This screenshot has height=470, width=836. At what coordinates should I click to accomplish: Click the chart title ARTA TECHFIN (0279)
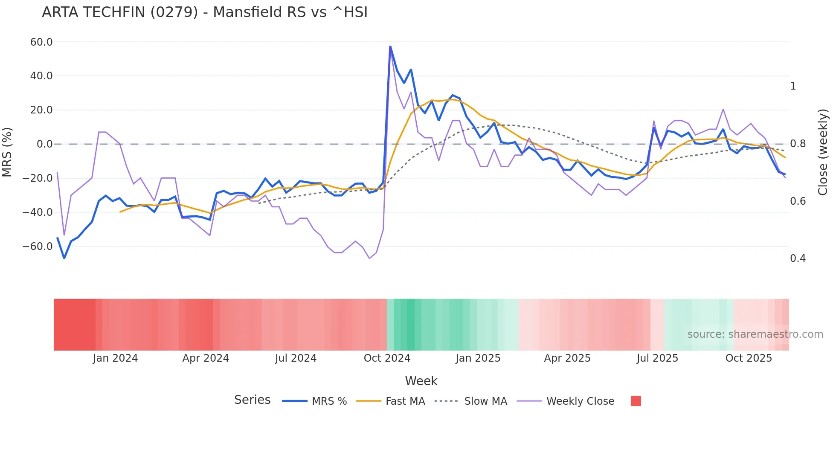(x=204, y=12)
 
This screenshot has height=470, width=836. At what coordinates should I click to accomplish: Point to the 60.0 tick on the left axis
(x=41, y=42)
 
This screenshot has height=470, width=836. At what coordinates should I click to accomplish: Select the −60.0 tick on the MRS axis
(x=38, y=247)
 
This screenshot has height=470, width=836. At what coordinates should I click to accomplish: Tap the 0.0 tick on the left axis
(x=44, y=144)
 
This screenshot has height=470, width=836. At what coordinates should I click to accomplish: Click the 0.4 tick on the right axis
(x=798, y=258)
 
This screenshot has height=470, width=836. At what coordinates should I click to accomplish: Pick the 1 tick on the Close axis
(x=793, y=86)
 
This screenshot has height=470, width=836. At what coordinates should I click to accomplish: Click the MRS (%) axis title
(x=7, y=152)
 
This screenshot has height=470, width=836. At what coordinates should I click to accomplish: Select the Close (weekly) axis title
(x=823, y=152)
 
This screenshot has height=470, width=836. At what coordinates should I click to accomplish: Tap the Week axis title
(x=421, y=381)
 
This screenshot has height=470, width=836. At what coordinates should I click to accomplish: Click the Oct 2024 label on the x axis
(x=387, y=358)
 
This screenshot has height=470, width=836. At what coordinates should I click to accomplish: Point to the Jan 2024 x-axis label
(x=115, y=358)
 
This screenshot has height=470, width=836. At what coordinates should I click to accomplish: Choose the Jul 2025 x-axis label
(x=657, y=358)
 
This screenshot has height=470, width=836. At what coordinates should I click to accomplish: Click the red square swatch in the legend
(x=636, y=401)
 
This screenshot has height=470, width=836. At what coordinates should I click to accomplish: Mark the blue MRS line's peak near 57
(x=390, y=46)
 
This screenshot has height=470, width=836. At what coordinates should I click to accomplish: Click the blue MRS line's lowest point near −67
(x=64, y=258)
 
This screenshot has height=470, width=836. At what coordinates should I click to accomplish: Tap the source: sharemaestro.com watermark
(x=755, y=334)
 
